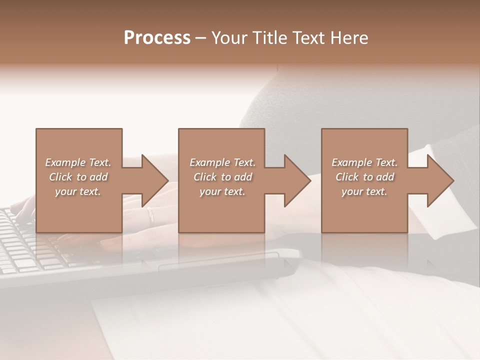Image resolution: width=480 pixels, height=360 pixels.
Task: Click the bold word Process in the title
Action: pos(157,37)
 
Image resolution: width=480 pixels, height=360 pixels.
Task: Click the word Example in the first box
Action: pos(65,162)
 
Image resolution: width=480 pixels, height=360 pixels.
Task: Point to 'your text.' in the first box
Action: pos(78,191)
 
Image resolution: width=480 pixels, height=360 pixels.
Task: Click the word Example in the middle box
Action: pos(209,162)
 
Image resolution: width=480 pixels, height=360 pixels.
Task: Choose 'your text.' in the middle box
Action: pos(222,191)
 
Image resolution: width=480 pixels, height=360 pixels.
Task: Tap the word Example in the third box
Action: pos(351,162)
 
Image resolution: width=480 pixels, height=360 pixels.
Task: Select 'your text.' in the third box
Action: pos(364,191)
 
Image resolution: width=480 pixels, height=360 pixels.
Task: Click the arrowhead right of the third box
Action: pos(439,180)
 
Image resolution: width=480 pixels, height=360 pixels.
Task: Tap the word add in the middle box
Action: pos(243,177)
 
